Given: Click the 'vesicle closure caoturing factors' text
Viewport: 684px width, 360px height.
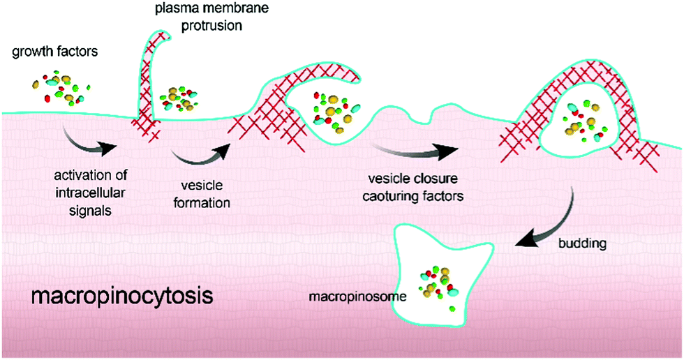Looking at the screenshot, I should click(x=411, y=189).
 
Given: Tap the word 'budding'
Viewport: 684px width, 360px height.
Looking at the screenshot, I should click(x=581, y=243).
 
